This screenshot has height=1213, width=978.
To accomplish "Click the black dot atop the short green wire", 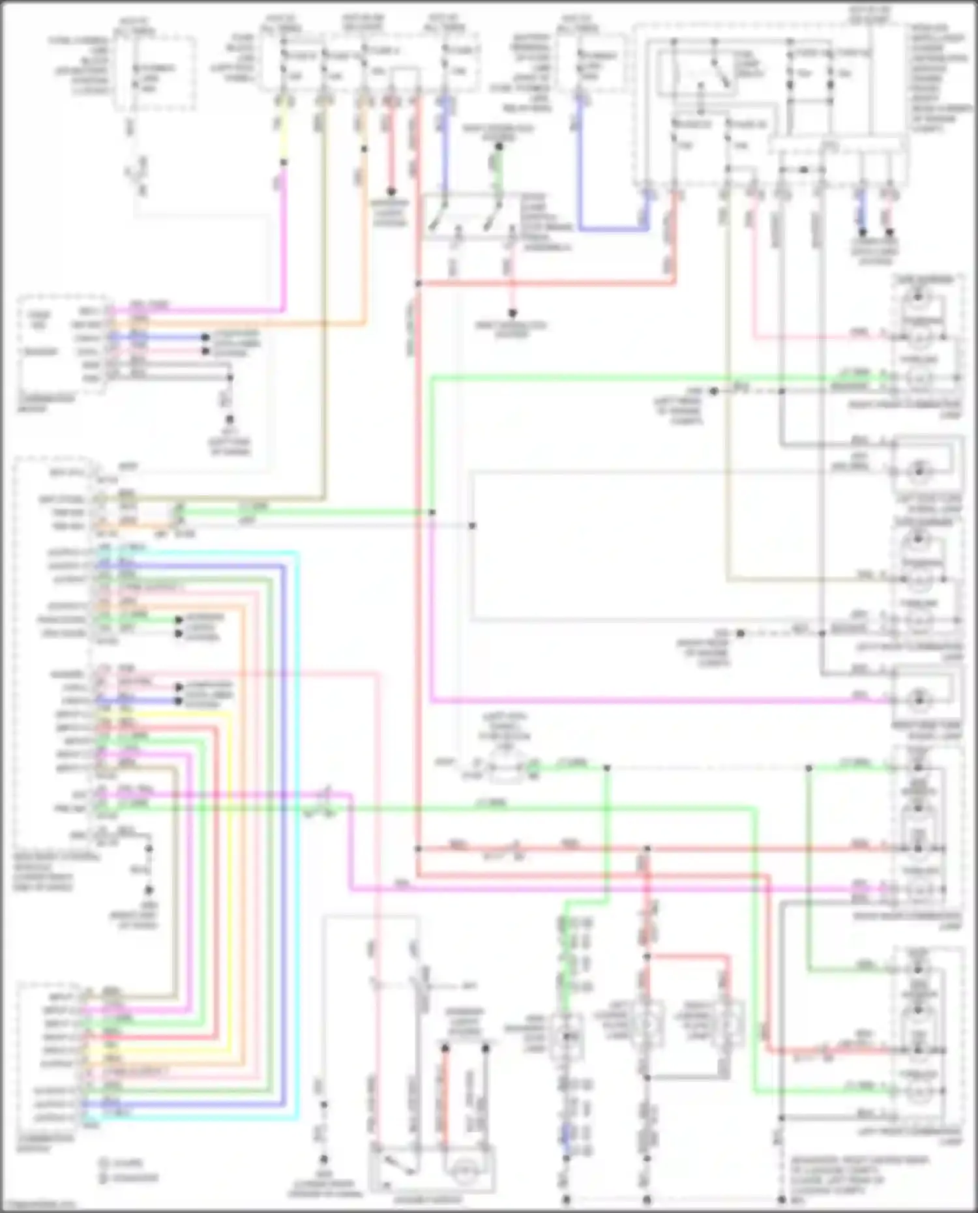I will click(x=499, y=147).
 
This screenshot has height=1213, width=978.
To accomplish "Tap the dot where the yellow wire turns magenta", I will click(x=283, y=172).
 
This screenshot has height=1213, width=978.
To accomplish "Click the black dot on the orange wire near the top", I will click(x=364, y=149).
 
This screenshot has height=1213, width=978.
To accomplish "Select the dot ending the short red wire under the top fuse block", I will click(x=391, y=192).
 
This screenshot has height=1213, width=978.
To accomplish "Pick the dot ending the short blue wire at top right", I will click(x=862, y=231).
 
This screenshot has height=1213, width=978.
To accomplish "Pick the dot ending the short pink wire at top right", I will click(x=889, y=231).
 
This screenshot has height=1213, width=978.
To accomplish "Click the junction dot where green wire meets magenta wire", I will click(x=432, y=513).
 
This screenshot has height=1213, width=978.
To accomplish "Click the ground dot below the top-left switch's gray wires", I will click(x=229, y=420).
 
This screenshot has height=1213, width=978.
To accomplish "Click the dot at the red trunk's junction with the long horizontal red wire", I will click(x=418, y=849).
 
